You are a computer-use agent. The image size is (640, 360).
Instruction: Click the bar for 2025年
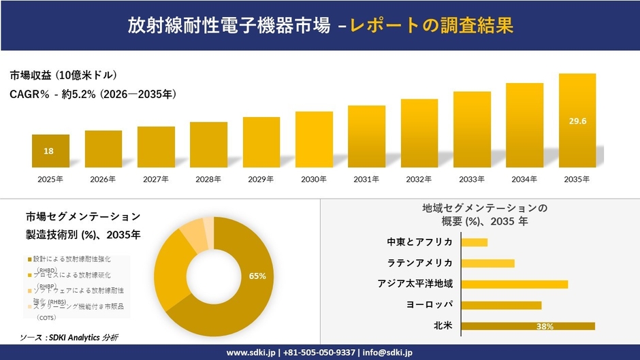[50, 151]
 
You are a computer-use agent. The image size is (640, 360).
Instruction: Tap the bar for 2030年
[314, 140]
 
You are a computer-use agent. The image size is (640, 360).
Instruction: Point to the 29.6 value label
[577, 121]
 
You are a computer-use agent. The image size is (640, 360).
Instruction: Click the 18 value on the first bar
[49, 151]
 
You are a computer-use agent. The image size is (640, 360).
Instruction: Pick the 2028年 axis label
[208, 180]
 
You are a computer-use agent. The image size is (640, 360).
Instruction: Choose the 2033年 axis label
[472, 180]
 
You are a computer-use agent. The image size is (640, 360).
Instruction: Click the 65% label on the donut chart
[257, 276]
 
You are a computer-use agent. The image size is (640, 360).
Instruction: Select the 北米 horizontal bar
[528, 326]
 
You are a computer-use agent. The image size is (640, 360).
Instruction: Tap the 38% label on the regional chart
[545, 327]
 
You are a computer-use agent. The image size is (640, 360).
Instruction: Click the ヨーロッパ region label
[430, 305]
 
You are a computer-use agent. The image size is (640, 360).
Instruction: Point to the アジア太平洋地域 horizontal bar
[514, 284]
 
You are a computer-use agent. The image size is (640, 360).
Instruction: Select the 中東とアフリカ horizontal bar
[475, 242]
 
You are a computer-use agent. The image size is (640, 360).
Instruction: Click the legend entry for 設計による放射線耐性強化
[71, 259]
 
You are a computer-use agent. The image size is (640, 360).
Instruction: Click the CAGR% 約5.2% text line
[93, 95]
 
